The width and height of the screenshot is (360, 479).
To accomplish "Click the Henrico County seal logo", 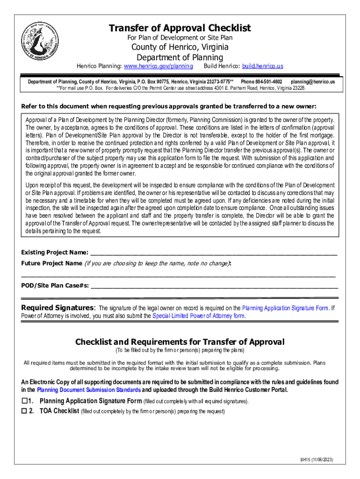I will [40, 43].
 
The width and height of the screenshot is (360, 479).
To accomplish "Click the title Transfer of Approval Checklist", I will [180, 28].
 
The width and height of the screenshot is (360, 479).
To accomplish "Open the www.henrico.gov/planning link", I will [158, 66].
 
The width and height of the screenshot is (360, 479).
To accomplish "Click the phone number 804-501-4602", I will [261, 81].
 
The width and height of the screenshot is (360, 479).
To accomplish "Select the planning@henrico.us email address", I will [312, 81].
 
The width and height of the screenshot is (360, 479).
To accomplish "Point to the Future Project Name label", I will [51, 263].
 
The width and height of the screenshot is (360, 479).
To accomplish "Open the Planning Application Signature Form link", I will [285, 308].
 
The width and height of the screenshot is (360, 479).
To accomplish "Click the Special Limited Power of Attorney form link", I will [199, 316].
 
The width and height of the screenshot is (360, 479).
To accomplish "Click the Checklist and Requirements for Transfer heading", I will [180, 342].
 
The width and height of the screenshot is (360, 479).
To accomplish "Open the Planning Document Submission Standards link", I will [88, 390].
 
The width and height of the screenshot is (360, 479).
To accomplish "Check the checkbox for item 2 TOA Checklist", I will [25, 412].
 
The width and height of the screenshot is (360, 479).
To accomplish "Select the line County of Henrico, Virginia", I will [180, 47].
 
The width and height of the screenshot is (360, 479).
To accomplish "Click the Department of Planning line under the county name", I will [180, 58].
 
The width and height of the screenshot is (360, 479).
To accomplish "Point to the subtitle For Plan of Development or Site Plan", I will [180, 37].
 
